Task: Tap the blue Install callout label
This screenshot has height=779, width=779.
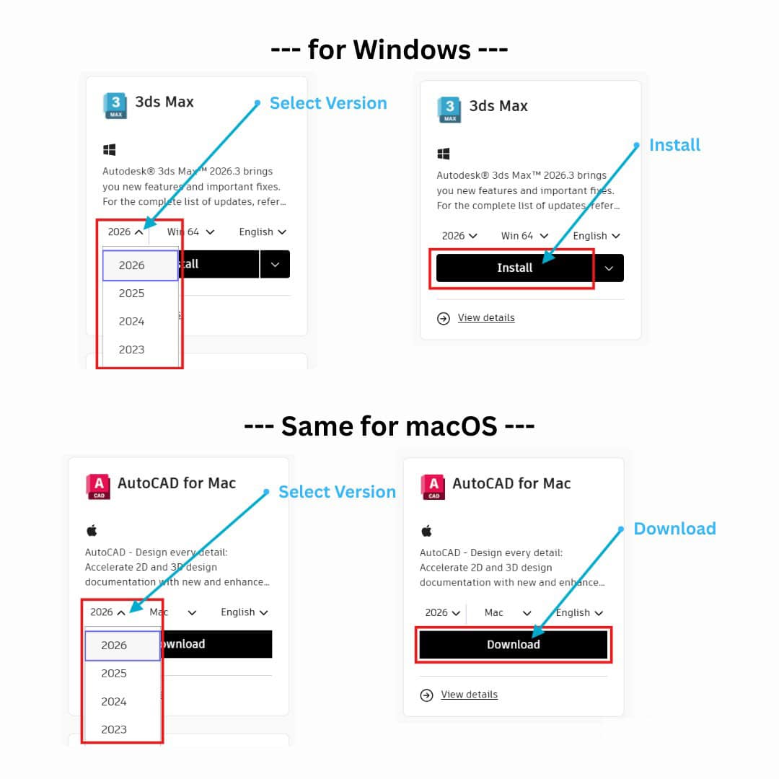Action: click(674, 145)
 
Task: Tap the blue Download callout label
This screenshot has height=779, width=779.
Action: click(674, 529)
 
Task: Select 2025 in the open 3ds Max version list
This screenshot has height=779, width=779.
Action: click(132, 293)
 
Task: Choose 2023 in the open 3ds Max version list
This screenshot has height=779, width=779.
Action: click(132, 350)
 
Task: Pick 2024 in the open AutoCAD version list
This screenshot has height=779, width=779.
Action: click(114, 702)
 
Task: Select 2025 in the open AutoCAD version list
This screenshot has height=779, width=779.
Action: click(114, 673)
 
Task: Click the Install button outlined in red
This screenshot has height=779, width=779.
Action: click(515, 268)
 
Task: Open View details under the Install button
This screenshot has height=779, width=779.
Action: click(486, 318)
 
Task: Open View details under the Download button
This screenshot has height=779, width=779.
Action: click(469, 695)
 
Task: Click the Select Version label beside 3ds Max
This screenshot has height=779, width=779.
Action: click(328, 103)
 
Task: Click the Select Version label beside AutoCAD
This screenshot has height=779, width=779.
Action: click(338, 492)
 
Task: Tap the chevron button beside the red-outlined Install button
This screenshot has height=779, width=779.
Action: click(609, 268)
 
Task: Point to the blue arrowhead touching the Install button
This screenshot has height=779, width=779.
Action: click(548, 256)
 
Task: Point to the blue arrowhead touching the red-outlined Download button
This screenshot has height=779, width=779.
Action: click(538, 631)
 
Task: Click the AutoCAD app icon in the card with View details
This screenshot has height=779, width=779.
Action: click(433, 487)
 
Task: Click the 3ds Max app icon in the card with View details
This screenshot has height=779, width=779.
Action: click(449, 110)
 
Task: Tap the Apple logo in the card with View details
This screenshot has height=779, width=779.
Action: click(427, 531)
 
